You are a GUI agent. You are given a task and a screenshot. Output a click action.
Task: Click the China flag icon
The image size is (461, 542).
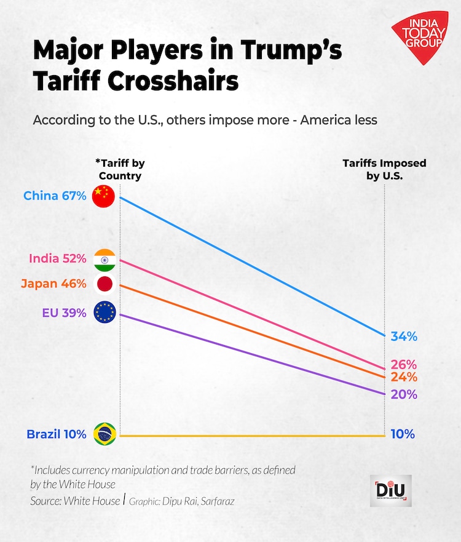(103, 196)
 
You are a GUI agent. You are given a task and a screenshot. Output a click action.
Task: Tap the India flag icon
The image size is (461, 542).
(104, 260)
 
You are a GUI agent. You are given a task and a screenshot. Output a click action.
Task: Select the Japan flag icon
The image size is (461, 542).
(104, 284)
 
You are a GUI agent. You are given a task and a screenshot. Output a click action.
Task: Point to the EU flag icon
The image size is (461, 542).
(103, 313)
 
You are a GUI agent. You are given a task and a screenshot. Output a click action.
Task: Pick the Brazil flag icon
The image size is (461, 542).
(103, 434)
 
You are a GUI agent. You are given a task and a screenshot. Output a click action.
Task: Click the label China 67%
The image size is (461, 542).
(55, 196)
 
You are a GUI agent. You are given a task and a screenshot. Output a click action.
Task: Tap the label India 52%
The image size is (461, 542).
(58, 259)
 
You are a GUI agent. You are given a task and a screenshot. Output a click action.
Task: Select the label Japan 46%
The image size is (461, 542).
(53, 284)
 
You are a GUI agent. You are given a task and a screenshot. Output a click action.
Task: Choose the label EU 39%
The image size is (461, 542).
(64, 313)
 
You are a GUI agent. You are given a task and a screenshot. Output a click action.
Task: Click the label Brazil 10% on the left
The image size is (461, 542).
(56, 434)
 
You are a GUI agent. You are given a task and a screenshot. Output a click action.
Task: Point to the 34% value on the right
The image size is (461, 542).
(404, 337)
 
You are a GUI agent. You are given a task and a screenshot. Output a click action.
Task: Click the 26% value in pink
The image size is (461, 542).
(404, 364)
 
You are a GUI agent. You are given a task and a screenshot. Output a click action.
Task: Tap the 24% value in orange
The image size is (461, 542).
(404, 377)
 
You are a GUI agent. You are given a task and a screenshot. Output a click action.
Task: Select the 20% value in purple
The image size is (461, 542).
(404, 394)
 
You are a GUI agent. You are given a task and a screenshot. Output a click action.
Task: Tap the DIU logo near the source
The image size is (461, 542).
(390, 490)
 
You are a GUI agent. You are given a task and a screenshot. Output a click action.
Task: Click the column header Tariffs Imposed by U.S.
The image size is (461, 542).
(384, 169)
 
